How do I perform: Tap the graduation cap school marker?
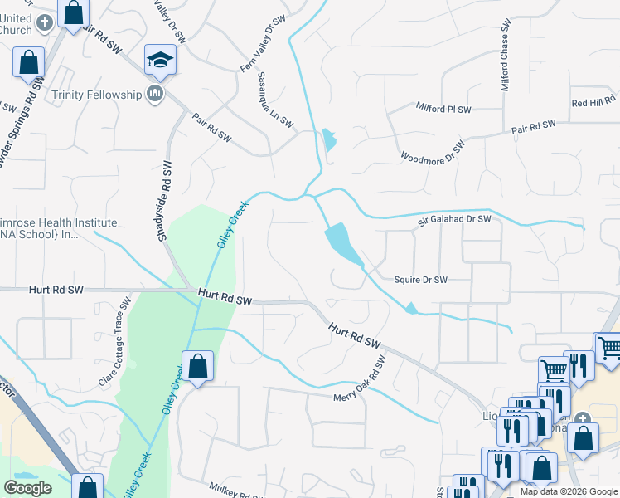(x=160, y=61)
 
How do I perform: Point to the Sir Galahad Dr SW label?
(x=454, y=219)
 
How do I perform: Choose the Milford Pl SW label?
(x=443, y=109)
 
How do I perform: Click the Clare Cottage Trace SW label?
(x=115, y=345)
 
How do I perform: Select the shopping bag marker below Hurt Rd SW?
(x=198, y=366)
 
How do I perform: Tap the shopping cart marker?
(x=553, y=369)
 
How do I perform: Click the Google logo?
(x=28, y=488)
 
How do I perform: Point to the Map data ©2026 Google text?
(x=569, y=491)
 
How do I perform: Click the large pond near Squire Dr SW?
(x=341, y=242)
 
